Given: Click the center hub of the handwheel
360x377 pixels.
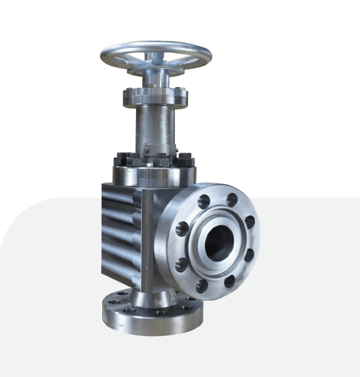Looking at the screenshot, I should [x=156, y=57].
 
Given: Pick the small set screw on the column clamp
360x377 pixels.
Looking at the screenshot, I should [x=147, y=150].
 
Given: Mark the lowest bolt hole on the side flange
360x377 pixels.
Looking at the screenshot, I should [x=202, y=285].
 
